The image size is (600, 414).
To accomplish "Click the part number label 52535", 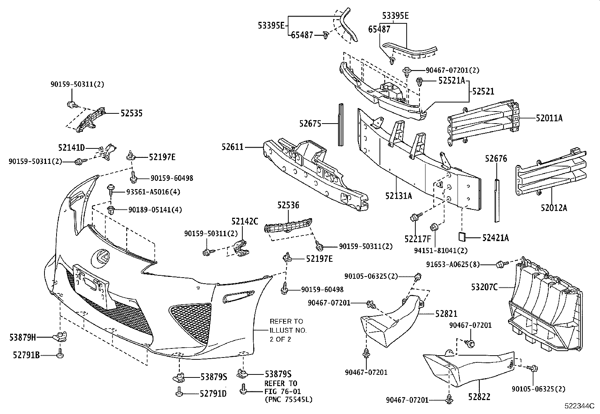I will (131, 113).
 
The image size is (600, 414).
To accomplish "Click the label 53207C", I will (484, 287).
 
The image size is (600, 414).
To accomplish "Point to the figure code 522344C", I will (579, 406).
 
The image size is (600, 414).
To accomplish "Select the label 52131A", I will (398, 196).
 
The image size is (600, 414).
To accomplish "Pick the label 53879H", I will (23, 338).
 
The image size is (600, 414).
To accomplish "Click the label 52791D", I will (213, 394).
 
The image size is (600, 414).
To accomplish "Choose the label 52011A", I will (549, 118).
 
